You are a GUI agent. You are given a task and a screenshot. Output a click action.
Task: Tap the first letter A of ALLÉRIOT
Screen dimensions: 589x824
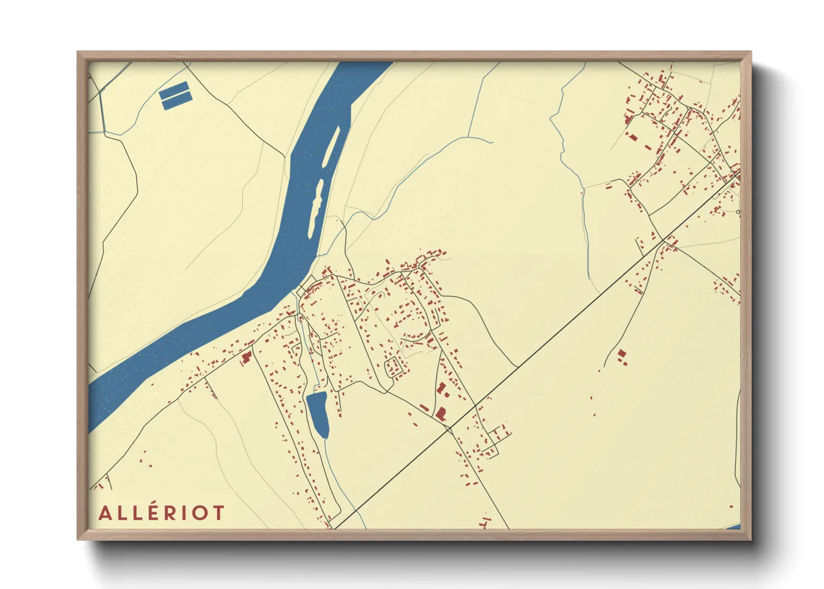106,513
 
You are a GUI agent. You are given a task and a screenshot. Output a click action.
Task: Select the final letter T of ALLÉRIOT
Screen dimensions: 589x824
218,513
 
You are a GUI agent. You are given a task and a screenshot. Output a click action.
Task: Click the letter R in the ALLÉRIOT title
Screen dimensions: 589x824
170,513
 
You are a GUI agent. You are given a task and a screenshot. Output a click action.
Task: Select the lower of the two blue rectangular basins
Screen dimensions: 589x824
176,100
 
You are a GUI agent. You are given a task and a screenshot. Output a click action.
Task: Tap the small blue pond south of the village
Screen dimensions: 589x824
317,414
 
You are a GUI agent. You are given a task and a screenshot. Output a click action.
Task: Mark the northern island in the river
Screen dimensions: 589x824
332,145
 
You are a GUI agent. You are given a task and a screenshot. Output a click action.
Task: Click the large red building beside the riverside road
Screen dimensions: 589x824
245,356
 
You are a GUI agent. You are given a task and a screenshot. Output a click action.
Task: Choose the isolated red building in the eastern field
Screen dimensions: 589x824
622,355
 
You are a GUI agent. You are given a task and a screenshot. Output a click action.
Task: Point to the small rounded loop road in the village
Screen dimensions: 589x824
394,367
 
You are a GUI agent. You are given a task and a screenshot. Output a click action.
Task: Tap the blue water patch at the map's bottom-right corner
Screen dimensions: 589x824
734,527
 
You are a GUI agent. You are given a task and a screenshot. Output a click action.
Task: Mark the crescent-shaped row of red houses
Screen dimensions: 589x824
415,336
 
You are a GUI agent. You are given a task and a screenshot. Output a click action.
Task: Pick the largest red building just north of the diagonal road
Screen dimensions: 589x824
441,413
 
